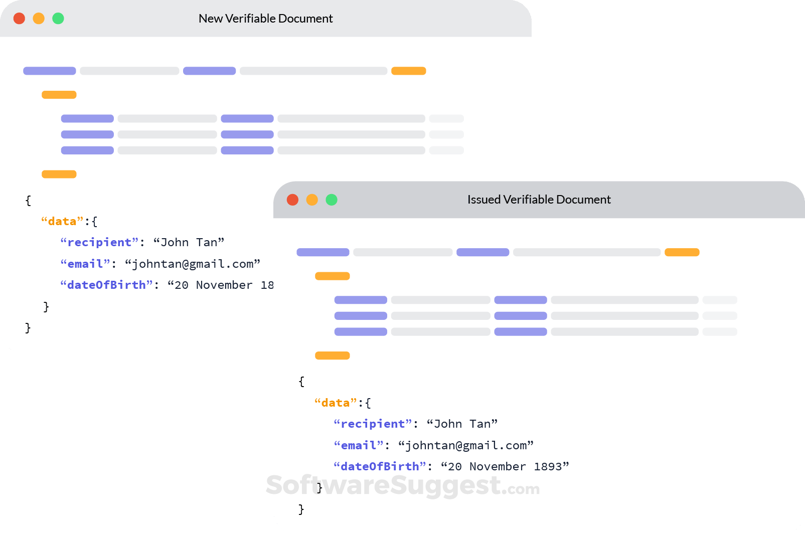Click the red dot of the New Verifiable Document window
[19, 19]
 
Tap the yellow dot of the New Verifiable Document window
[39, 19]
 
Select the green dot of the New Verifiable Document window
[58, 19]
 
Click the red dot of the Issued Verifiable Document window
[292, 200]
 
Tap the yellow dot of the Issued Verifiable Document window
[312, 200]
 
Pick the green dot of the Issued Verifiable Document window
[332, 200]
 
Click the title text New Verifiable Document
[265, 19]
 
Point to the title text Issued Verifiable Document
[539, 200]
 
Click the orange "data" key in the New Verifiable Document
[62, 221]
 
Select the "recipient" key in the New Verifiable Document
[99, 242]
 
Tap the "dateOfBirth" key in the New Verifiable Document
[106, 285]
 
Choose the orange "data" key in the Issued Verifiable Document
[336, 403]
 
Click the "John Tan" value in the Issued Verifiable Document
[462, 424]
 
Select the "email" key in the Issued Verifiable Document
[359, 445]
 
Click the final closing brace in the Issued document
[301, 509]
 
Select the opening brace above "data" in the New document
[28, 201]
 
